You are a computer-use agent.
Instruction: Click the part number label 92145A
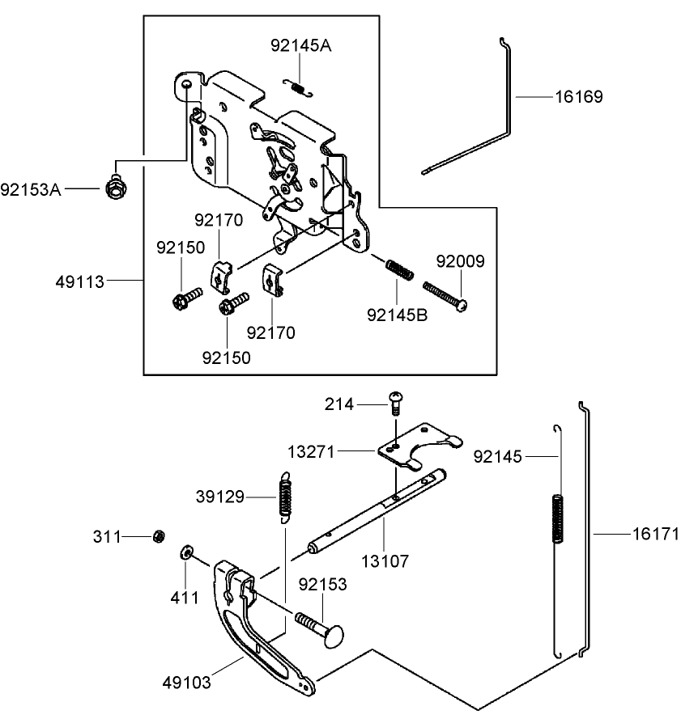pos(300,47)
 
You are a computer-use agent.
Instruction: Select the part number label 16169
pos(578,97)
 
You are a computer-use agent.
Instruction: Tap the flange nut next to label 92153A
pos(116,188)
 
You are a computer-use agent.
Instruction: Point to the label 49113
pos(79,281)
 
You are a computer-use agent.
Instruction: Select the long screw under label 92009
pos(445,294)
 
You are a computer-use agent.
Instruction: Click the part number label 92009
pos(461,262)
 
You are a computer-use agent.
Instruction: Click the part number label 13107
pos(385,560)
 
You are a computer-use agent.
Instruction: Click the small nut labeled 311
pos(160,535)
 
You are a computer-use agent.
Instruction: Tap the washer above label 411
pos(186,552)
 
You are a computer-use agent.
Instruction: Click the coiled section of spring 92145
pos(557,518)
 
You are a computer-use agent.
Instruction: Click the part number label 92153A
pos(31,189)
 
